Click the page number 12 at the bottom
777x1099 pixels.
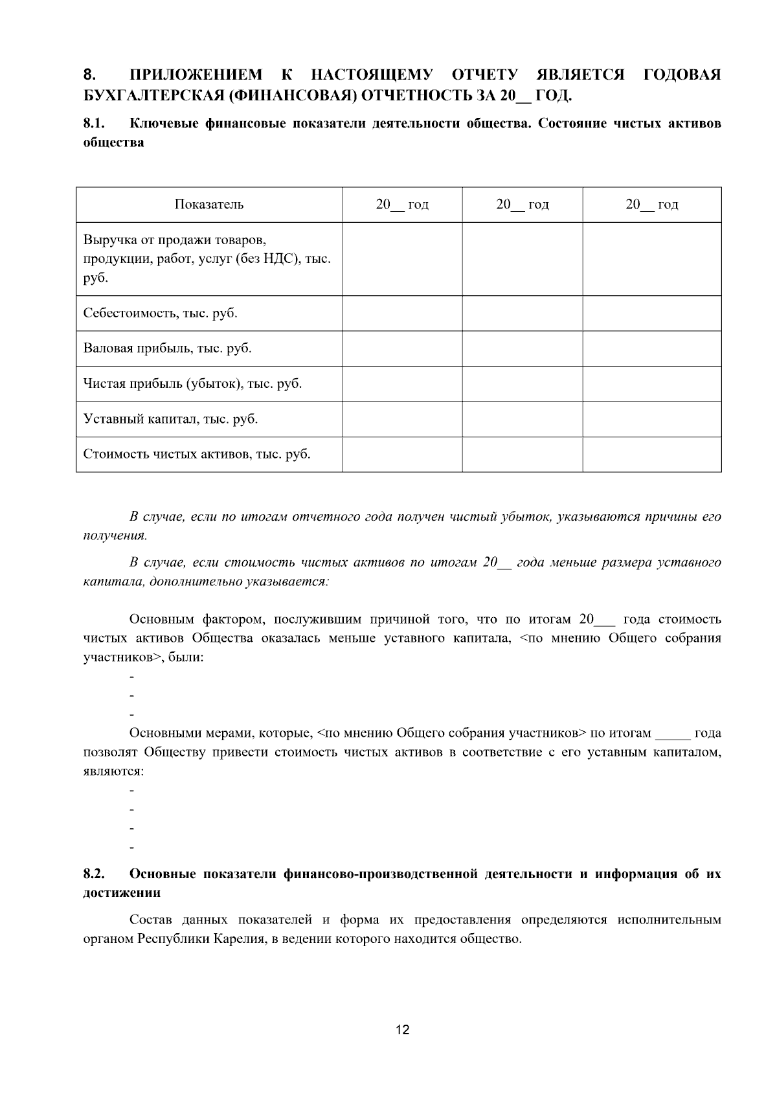pos(402,1030)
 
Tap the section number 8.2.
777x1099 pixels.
pos(94,874)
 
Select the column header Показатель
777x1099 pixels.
pos(208,205)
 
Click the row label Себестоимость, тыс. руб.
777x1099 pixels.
pos(160,313)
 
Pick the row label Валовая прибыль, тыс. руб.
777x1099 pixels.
pos(167,348)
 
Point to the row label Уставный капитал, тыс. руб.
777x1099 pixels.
pos(170,419)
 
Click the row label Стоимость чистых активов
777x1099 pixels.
pos(196,454)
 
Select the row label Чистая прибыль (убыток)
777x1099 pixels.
pos(192,383)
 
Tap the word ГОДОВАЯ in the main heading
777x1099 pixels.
pos(682,75)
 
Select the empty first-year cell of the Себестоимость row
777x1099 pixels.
pos(402,313)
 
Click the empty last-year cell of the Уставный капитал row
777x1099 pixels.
pos(651,419)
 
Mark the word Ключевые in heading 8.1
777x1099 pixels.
pos(164,123)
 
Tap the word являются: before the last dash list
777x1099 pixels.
pos(113,772)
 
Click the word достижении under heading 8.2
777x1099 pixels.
pos(122,892)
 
